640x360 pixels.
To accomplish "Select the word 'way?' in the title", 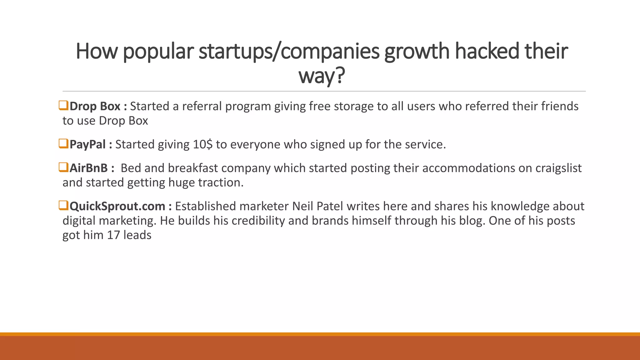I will [x=322, y=76].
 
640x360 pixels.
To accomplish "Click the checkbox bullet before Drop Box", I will [x=63, y=106].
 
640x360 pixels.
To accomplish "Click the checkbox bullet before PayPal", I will [x=63, y=144].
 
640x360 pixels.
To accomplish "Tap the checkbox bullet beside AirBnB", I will [x=63, y=167].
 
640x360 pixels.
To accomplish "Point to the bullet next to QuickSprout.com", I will [x=63, y=206].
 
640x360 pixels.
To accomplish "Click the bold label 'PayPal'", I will [x=87, y=144].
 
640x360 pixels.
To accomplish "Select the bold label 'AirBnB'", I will [x=88, y=168].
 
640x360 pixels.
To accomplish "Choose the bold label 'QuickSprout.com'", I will [x=117, y=206].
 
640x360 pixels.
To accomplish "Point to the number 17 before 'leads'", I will [x=113, y=235].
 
